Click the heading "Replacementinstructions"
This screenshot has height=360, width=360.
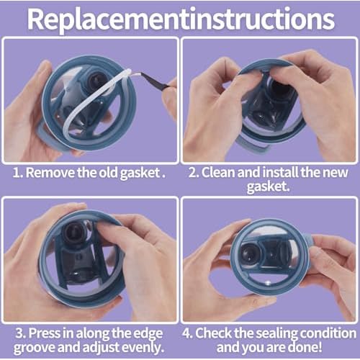point(181,19)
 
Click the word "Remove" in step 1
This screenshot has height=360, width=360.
point(50,172)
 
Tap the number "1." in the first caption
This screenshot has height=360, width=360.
point(18,173)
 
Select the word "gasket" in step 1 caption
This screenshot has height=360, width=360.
point(140,173)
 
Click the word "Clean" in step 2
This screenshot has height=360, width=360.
point(218,172)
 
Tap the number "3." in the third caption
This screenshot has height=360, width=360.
point(21,333)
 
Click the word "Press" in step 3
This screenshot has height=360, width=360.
point(44,333)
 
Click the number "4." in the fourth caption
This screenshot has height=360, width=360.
point(187,333)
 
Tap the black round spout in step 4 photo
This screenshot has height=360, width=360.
point(250,253)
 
